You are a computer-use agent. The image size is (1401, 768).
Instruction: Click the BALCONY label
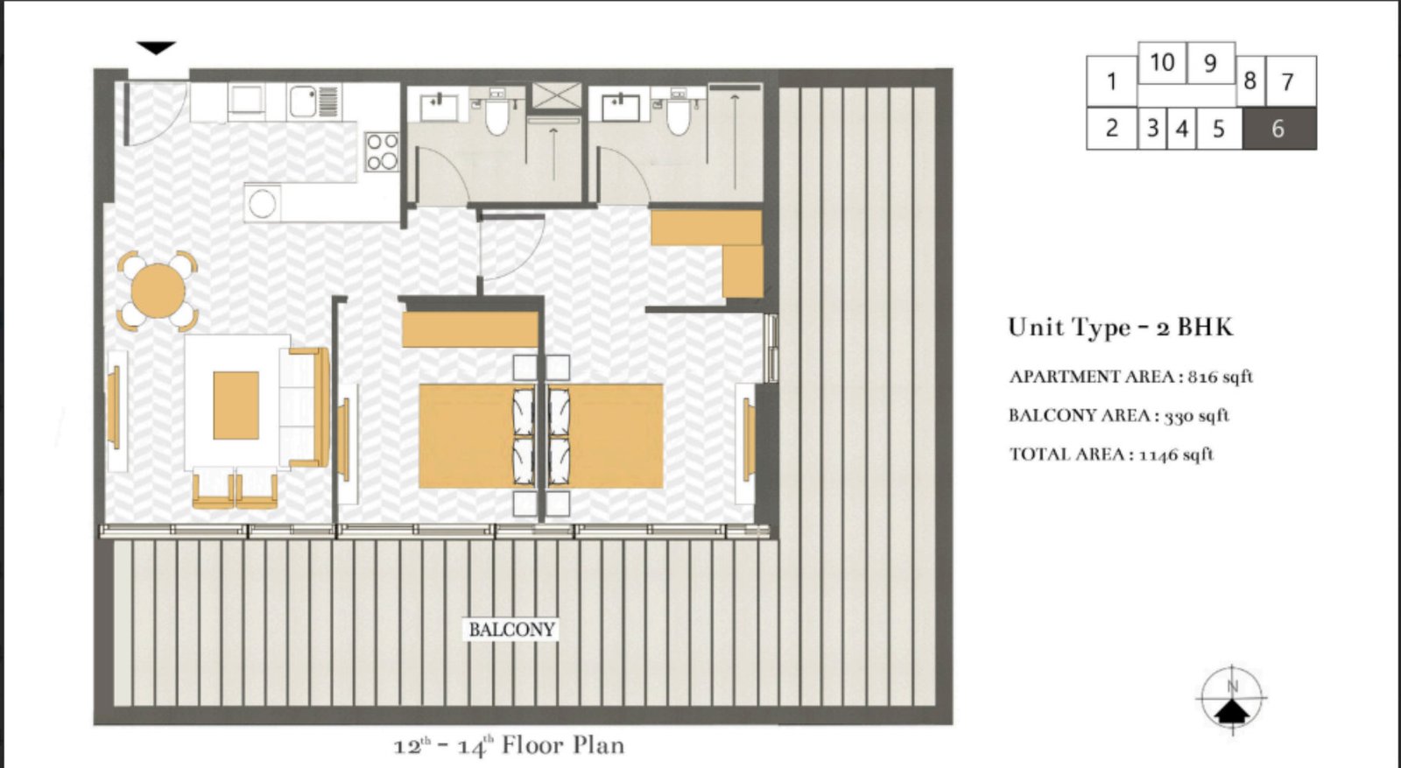(511, 630)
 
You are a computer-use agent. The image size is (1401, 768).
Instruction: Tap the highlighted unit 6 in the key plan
(1278, 129)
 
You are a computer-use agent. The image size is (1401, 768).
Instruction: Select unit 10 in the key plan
(1162, 62)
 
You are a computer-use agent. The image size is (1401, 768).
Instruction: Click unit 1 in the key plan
(1111, 81)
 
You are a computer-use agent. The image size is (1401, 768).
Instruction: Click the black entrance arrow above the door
(156, 48)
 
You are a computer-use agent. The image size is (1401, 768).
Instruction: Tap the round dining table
(158, 289)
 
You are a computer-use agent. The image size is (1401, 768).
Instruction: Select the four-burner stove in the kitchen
(383, 151)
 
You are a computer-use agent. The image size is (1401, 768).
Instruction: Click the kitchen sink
(304, 102)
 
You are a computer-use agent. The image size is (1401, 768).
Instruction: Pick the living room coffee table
(236, 405)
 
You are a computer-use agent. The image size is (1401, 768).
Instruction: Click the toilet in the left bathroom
(496, 115)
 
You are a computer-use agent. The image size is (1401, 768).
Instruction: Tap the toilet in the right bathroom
(678, 115)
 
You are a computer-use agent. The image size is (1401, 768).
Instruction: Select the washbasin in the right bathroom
(621, 108)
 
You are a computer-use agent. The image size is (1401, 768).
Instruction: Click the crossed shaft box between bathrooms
(556, 95)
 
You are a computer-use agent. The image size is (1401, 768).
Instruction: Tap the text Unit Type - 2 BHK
(1120, 328)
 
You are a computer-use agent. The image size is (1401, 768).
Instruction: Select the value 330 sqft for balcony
(1196, 416)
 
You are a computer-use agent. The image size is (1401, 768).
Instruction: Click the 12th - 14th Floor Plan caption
(509, 746)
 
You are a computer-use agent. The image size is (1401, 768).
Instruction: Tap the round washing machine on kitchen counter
(262, 203)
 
